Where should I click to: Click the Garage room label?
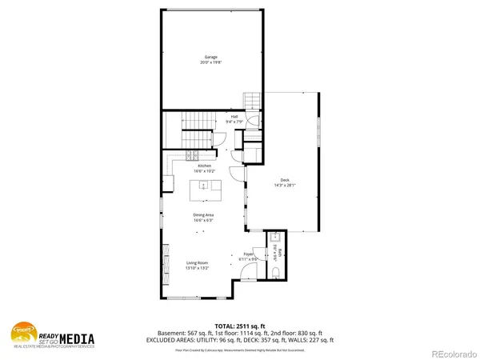coord(211,57)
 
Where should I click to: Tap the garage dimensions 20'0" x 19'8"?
coord(211,62)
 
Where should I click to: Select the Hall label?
coord(234,117)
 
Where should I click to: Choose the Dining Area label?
coord(202,214)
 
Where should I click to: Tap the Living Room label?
coord(198,262)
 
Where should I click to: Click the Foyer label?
coord(249,254)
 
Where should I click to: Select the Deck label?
coord(285,179)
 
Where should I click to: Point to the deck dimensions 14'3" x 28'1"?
coord(285,185)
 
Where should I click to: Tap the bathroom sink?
coord(274,238)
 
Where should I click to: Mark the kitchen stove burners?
coord(192,154)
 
